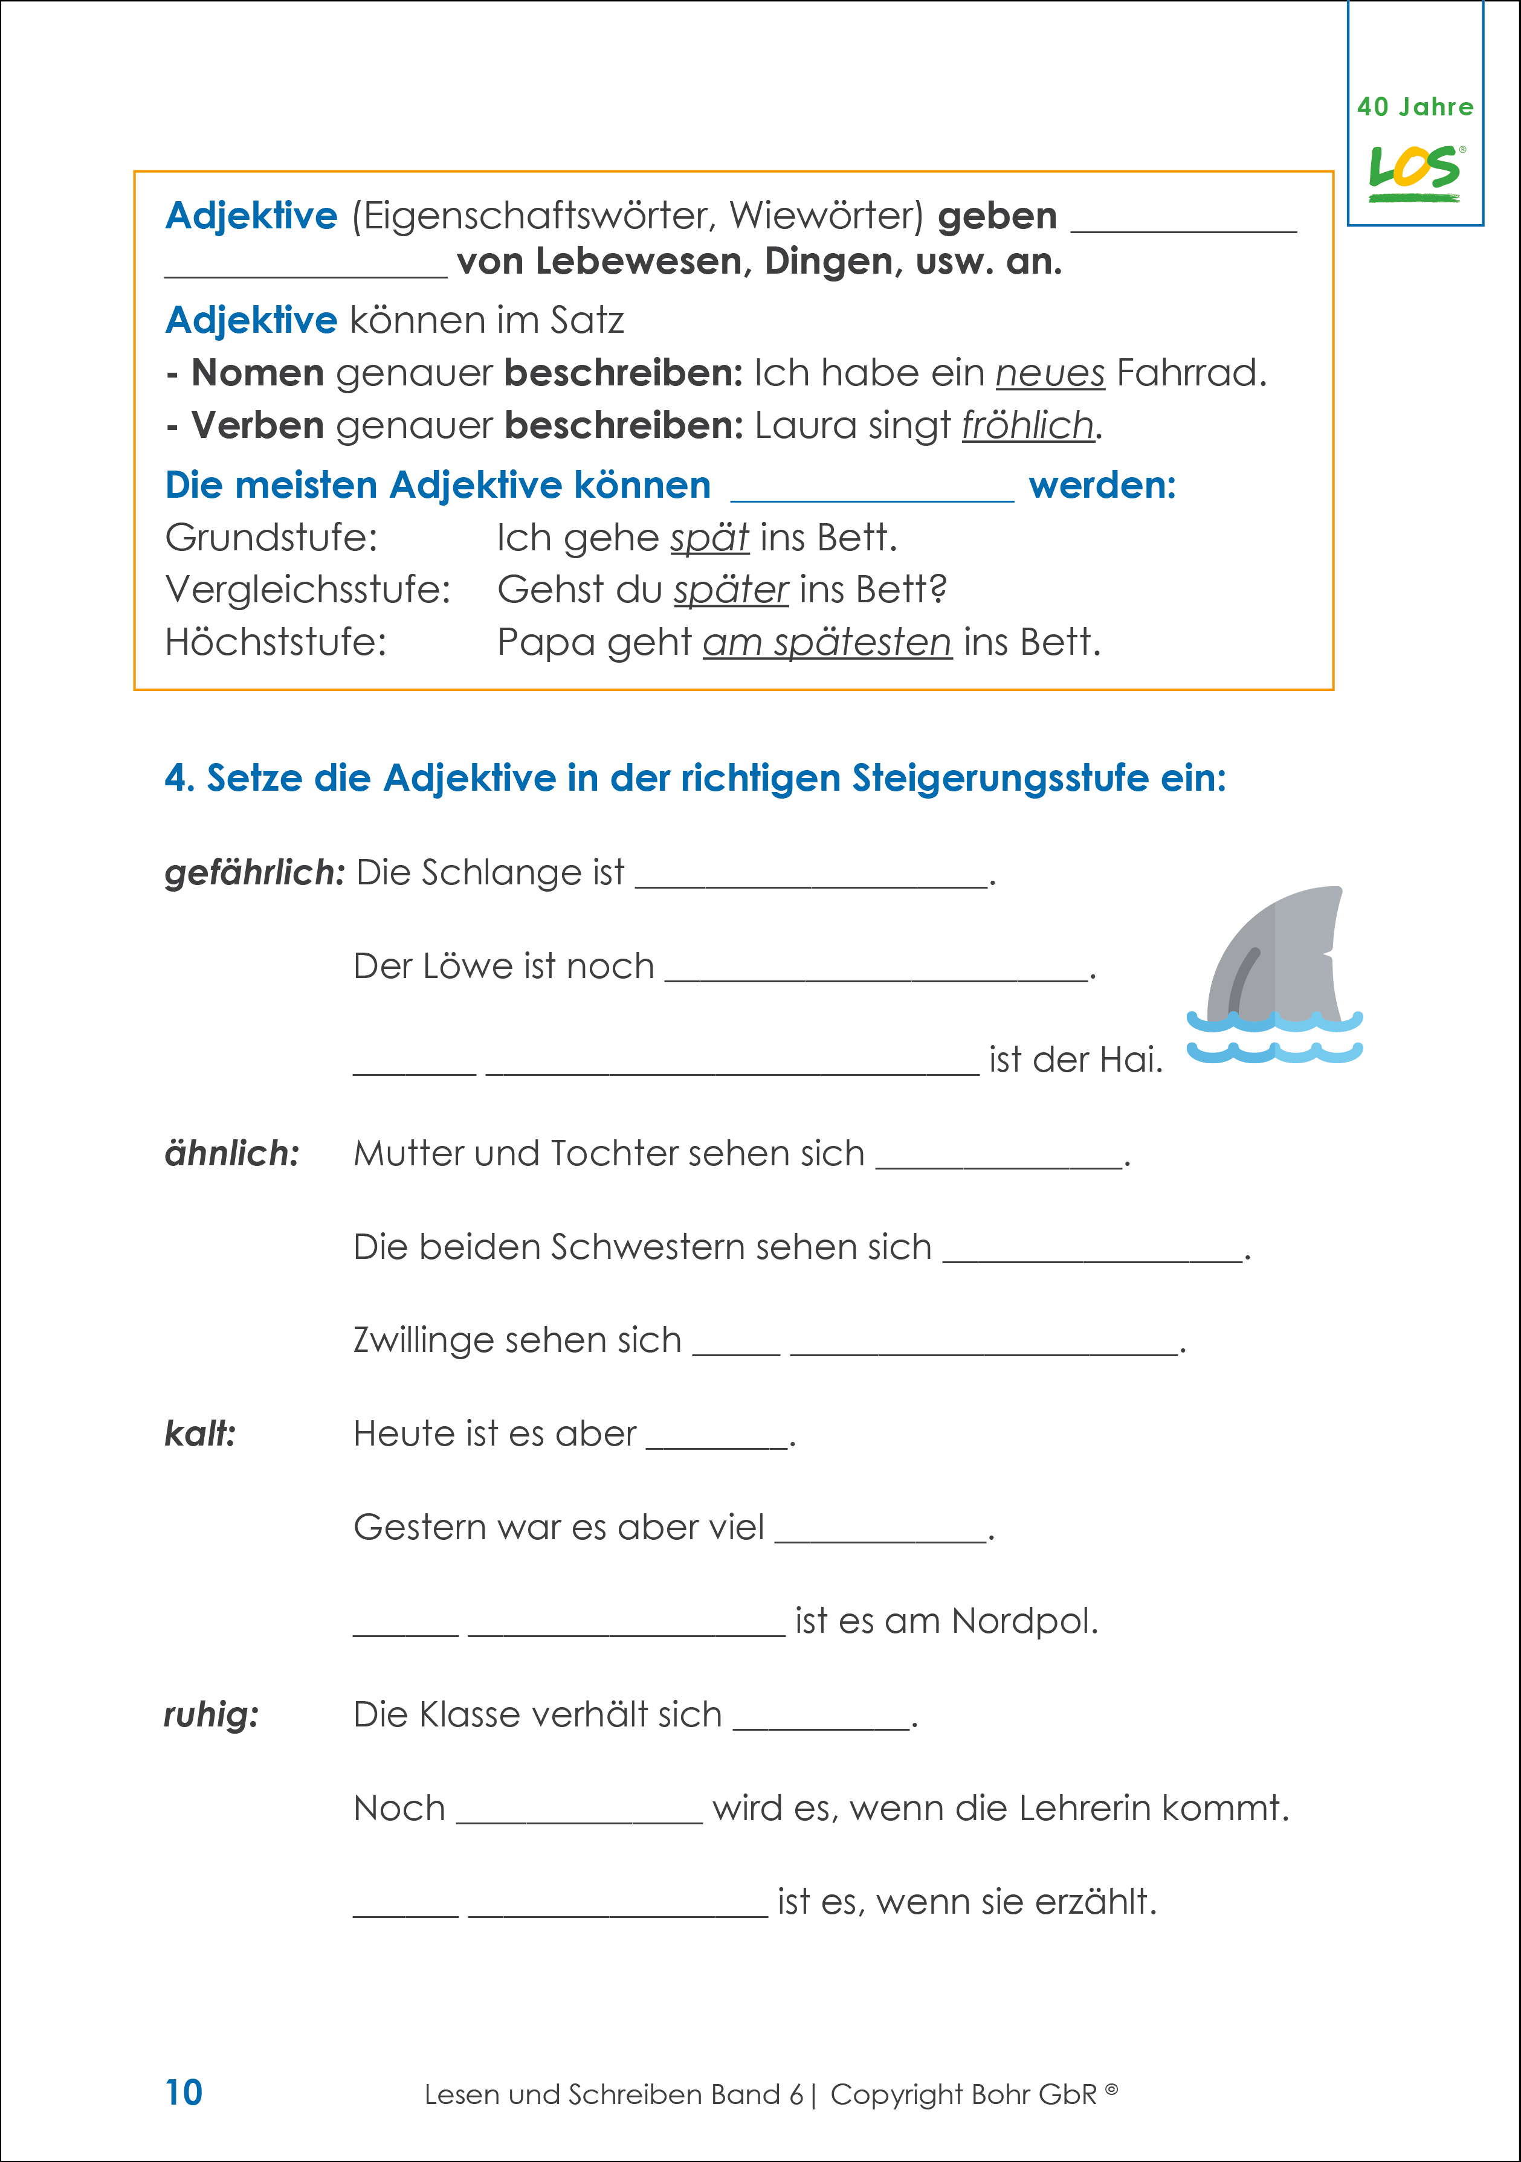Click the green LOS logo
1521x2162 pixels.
pyautogui.click(x=1415, y=172)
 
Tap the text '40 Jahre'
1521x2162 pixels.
pyautogui.click(x=1415, y=108)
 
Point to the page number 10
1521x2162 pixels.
pyautogui.click(x=184, y=2093)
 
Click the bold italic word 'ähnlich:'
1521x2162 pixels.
pyautogui.click(x=231, y=1154)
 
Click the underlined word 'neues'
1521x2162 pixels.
pyautogui.click(x=1049, y=374)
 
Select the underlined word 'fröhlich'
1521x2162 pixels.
pyautogui.click(x=1027, y=426)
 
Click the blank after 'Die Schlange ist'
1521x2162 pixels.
pyautogui.click(x=812, y=876)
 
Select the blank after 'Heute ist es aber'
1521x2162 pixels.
pyautogui.click(x=717, y=1437)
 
